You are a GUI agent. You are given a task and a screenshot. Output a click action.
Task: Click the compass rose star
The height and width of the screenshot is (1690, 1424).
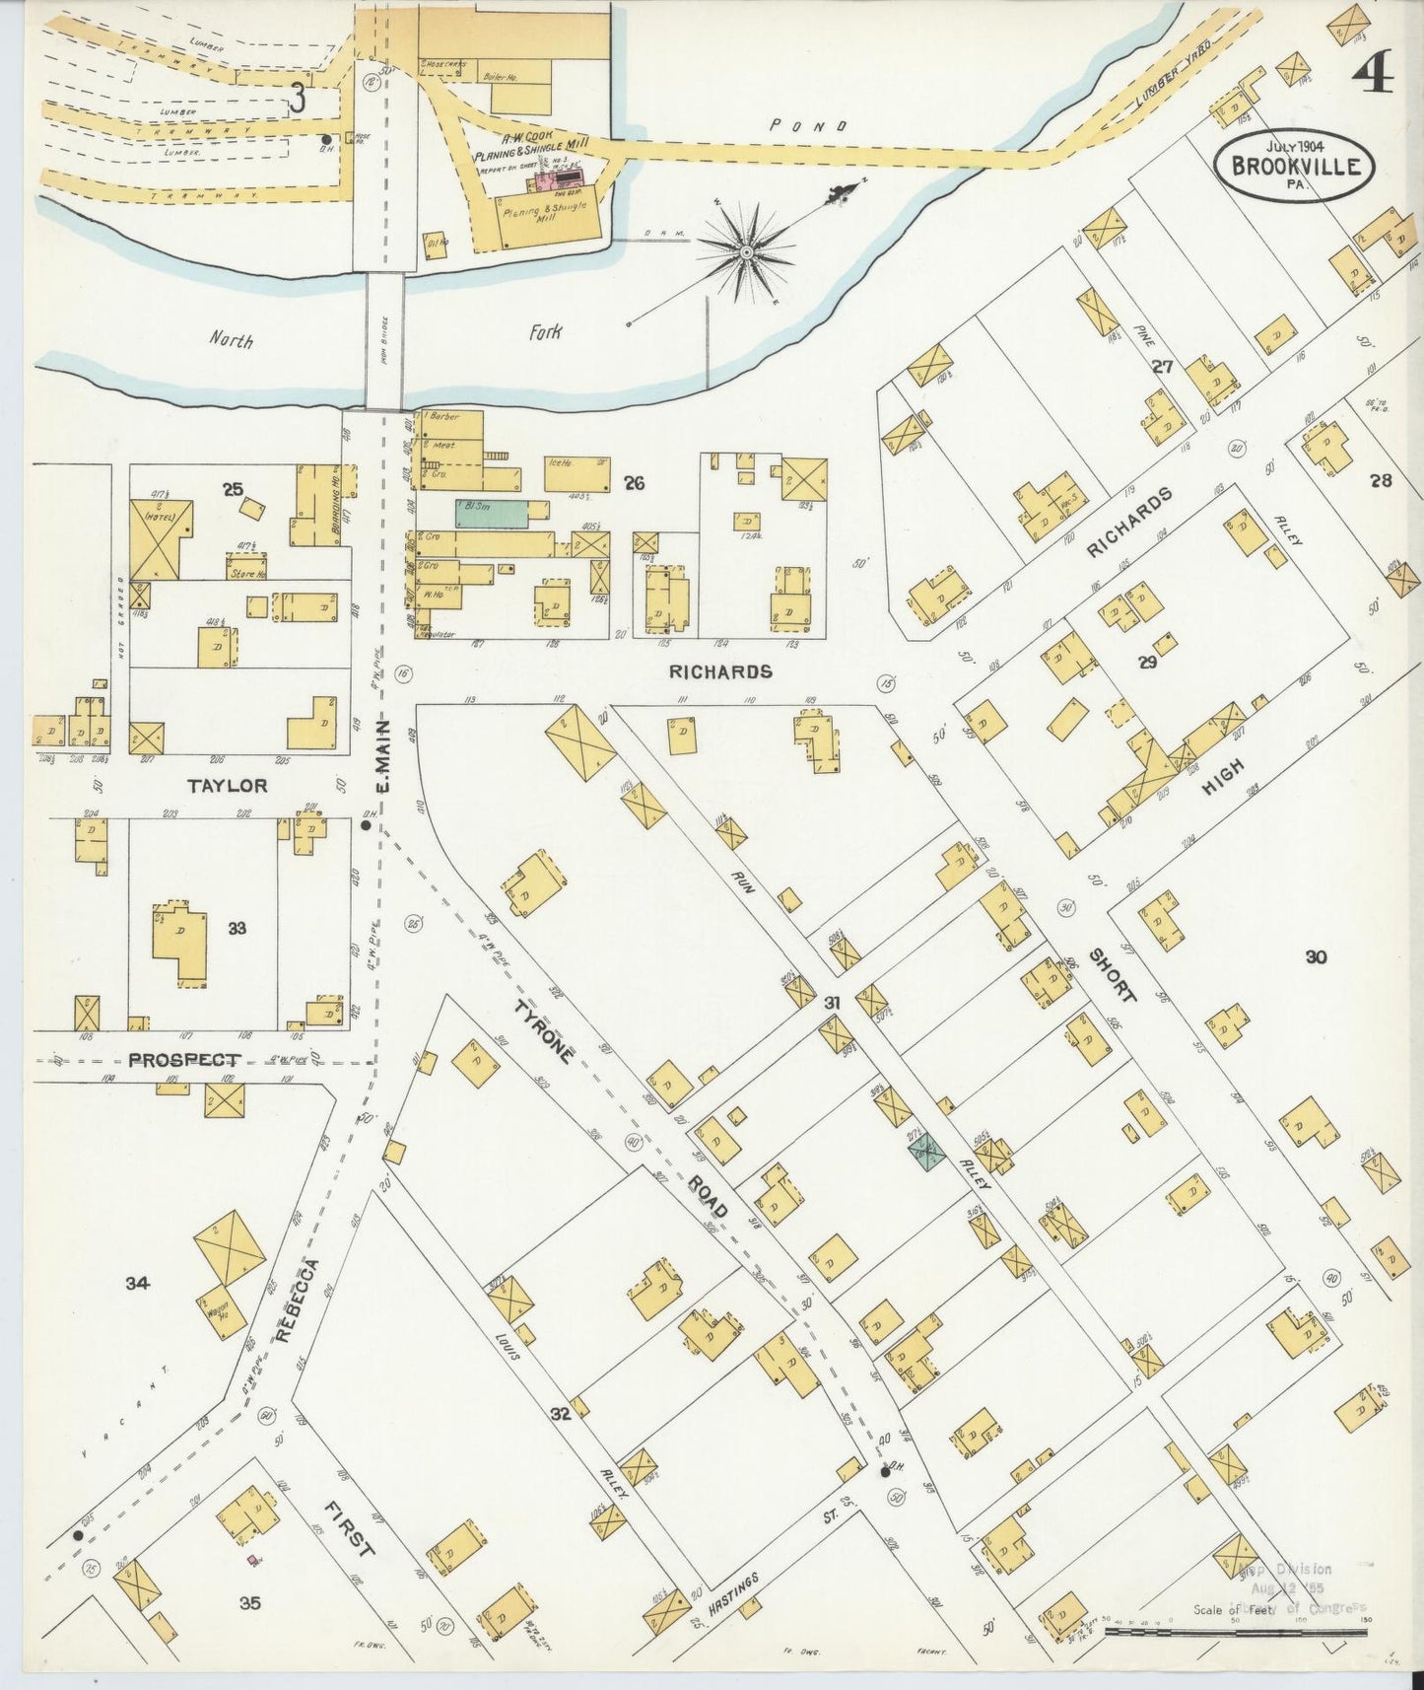point(746,252)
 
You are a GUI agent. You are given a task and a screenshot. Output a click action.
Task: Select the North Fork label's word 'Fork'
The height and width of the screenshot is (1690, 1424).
point(544,333)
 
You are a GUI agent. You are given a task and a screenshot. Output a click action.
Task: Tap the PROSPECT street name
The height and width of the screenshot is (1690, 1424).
point(184,1060)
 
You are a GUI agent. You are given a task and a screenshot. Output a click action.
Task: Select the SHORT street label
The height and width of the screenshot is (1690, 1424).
point(1114,974)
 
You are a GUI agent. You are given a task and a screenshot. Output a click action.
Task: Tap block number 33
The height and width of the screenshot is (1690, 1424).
point(236,928)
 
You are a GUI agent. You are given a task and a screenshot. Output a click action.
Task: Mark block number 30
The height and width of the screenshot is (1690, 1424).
point(1316,955)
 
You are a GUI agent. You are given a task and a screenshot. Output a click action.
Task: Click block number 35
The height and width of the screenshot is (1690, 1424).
point(250,1604)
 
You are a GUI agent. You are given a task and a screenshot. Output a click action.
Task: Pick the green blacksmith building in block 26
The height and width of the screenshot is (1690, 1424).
point(491,511)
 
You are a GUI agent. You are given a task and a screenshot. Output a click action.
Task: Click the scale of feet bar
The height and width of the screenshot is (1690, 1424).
point(1237,1632)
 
